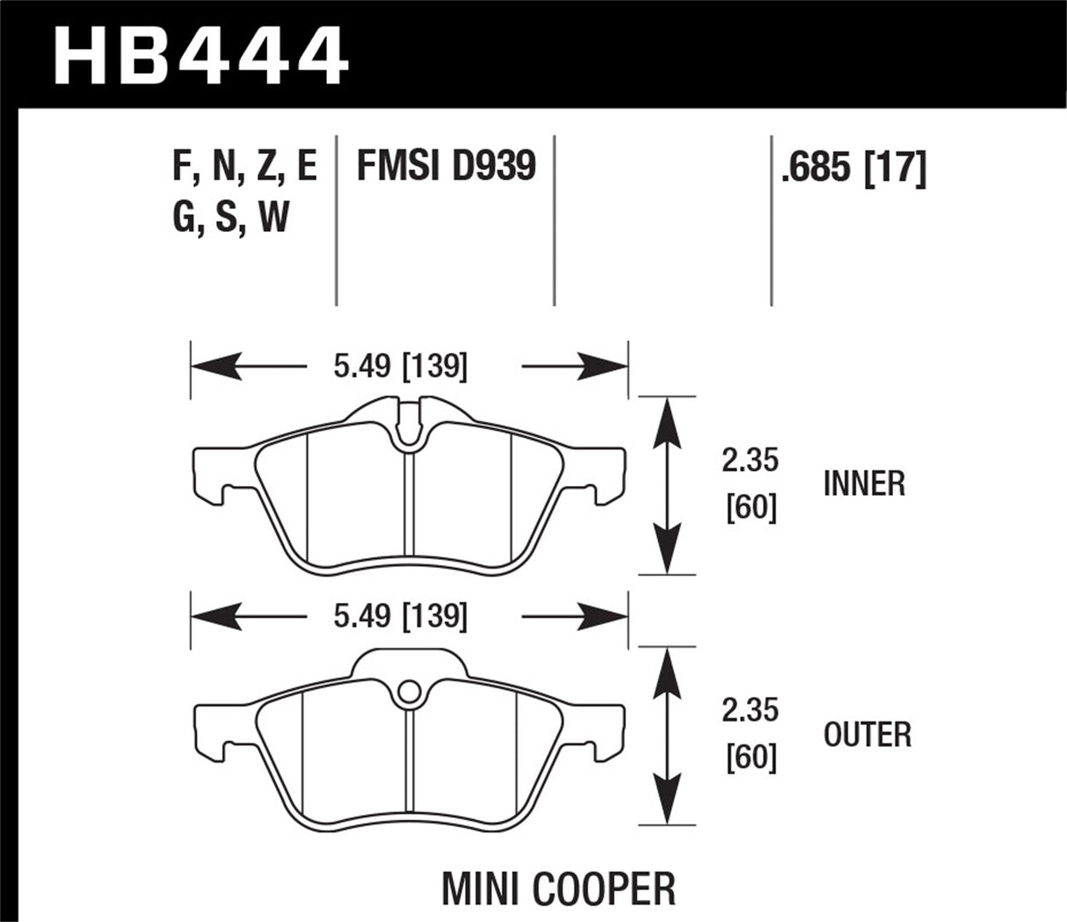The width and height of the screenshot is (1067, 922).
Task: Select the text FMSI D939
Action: point(446,165)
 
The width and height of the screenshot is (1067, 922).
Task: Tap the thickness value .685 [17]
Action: point(853,167)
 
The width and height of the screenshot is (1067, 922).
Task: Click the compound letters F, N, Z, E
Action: point(244,165)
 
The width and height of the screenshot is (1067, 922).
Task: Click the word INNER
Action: point(863,483)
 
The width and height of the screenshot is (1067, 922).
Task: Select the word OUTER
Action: point(867,734)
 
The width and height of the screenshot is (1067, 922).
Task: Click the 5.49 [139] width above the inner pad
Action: point(400,367)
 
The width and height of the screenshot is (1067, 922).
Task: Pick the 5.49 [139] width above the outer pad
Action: point(400,617)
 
